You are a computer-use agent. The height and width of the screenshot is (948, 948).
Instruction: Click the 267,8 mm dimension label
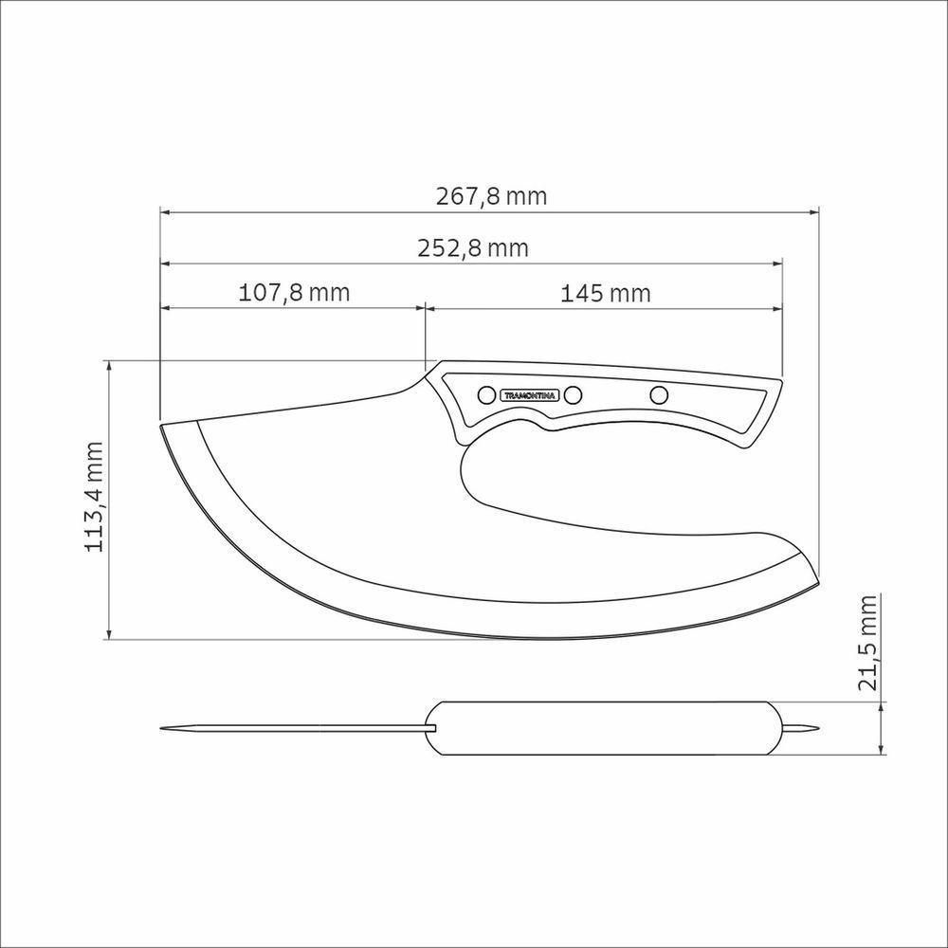pos(491,196)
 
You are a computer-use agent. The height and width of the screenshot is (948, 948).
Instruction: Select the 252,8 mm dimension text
pos(473,247)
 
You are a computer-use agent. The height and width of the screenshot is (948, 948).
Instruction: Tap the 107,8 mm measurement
pos(294,293)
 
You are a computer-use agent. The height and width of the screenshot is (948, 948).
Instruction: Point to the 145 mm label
pos(605,293)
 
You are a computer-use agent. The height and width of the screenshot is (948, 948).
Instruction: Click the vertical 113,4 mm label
pos(94,497)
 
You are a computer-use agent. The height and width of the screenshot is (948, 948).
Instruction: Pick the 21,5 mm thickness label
pos(867,643)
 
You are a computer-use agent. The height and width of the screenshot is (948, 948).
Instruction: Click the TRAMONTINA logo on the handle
pos(529,395)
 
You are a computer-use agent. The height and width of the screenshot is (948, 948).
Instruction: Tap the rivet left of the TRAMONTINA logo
pos(485,395)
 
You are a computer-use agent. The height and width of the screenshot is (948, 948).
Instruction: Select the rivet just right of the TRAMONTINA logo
pos(573,395)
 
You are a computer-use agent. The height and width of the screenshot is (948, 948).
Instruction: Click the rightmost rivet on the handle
pos(659,395)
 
